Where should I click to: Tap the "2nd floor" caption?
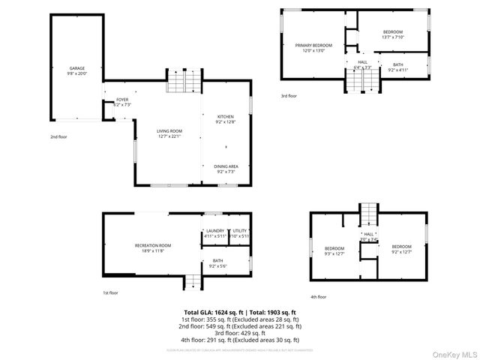tap(58, 137)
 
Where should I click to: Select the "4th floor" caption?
tap(318, 297)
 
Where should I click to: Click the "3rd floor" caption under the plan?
tap(289, 96)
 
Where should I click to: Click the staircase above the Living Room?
tap(184, 81)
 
